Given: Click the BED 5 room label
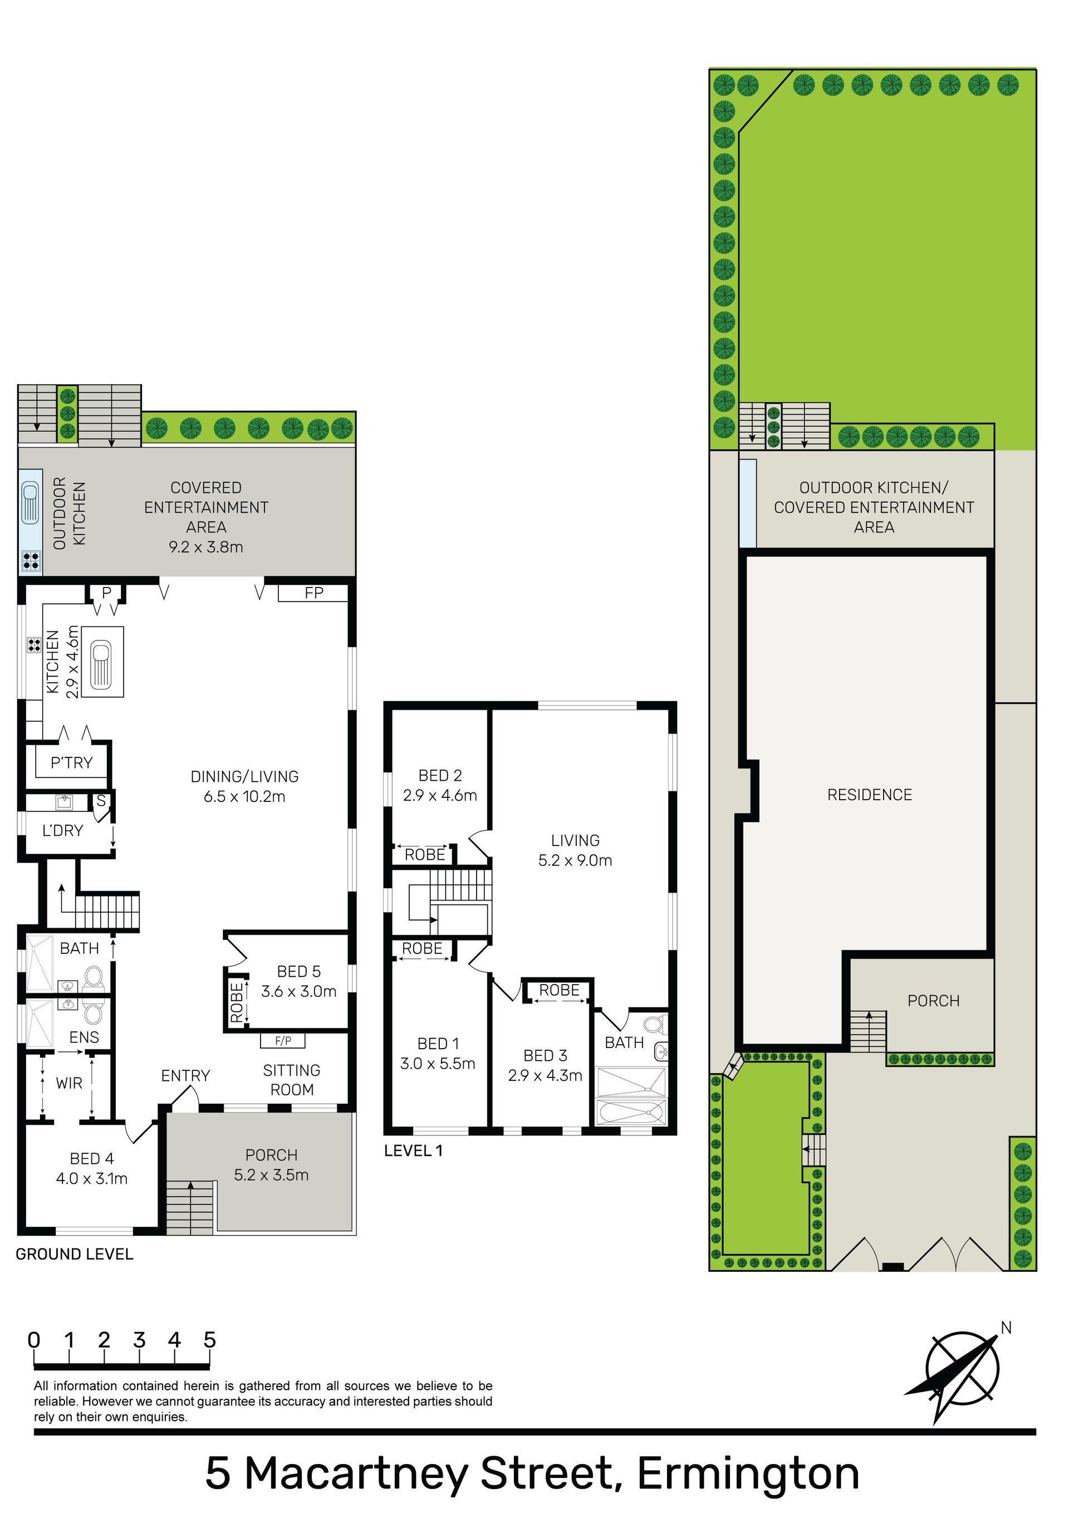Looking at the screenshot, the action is [298, 971].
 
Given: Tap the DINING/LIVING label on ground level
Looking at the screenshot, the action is [244, 776].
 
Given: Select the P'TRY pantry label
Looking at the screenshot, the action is [72, 762].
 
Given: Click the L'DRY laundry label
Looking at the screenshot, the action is [62, 830].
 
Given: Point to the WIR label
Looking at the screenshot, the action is [69, 1083].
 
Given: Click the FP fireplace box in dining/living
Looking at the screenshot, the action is [313, 593].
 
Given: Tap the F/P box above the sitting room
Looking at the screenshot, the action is [283, 1041].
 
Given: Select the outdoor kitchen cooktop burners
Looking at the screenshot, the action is [30, 560].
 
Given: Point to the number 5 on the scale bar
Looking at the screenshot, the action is [209, 1340].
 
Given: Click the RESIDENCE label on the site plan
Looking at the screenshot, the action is [869, 795].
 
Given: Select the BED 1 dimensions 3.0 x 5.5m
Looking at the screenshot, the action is [438, 1063].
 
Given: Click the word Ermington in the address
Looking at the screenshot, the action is [748, 1473].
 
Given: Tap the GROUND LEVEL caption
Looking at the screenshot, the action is [75, 1254].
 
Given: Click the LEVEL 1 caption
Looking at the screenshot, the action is [413, 1150].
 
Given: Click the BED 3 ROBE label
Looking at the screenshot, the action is [560, 990].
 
